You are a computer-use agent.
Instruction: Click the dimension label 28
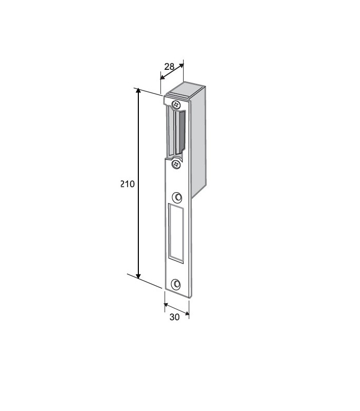pos(169,67)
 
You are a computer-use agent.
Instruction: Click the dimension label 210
pos(128,184)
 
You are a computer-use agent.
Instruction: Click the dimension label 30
pos(174,317)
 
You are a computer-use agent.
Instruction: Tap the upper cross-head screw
pos(176,105)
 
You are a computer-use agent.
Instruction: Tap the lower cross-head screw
pos(176,164)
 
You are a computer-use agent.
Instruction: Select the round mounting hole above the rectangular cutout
pos(177,197)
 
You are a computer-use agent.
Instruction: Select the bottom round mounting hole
pos(176,284)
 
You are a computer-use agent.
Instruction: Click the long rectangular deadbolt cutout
pos(176,233)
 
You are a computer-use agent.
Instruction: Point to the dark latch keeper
pos(181,133)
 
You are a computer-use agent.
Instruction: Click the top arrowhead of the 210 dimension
pos(138,91)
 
